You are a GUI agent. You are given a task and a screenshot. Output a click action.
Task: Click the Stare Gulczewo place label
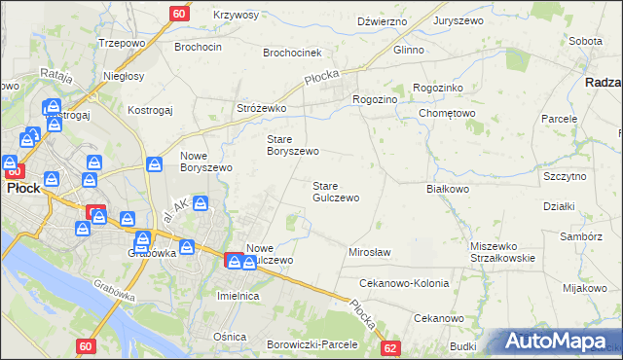point(335,192)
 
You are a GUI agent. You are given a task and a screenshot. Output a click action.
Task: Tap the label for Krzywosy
point(235,16)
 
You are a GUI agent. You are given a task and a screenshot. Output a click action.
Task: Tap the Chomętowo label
point(446,113)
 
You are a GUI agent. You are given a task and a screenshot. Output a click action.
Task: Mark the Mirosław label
point(370,253)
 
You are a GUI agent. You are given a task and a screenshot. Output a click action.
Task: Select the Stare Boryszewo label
point(293,145)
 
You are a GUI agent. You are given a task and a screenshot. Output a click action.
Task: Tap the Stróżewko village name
point(260,108)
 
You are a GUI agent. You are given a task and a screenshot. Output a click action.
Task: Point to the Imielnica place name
point(238,295)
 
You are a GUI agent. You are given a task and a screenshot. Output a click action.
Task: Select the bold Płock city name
point(22,188)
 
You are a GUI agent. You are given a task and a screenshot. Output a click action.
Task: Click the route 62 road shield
point(390,347)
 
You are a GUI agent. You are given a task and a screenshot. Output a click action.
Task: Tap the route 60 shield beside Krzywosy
point(179,14)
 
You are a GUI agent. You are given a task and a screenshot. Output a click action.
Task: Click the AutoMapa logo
point(554,342)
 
